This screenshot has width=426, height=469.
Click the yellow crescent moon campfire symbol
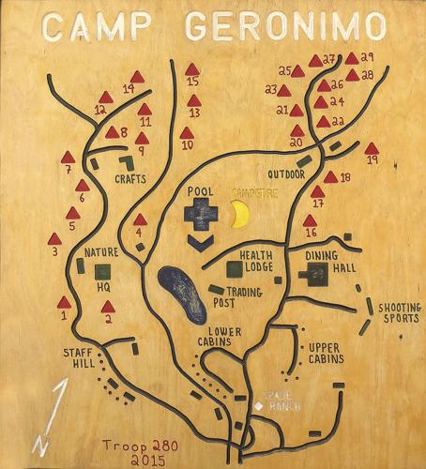click(x=241, y=214)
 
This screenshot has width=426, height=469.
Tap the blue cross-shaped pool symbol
click(x=201, y=215)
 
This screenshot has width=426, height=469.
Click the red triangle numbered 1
click(x=64, y=302)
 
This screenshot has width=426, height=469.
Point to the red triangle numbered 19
click(x=372, y=148)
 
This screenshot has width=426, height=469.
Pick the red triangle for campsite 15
click(x=192, y=69)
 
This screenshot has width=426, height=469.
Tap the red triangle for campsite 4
click(x=140, y=219)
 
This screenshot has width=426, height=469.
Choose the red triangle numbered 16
click(x=310, y=220)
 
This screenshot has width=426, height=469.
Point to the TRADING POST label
click(x=243, y=297)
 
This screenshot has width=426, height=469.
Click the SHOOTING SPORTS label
click(x=399, y=313)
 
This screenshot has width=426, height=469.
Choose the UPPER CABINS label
click(x=326, y=353)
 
